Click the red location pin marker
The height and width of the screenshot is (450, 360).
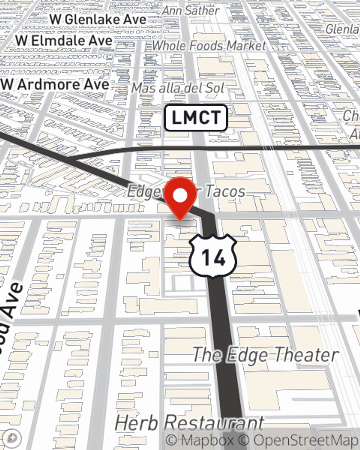tap(180, 198)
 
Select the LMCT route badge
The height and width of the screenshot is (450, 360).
tap(196, 118)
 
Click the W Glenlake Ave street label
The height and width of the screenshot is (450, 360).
tap(98, 19)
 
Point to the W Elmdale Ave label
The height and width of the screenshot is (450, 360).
tap(64, 41)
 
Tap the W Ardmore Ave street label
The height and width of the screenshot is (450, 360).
tap(55, 85)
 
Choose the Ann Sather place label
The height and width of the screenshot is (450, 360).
tap(190, 10)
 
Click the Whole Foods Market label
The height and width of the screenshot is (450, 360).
tap(209, 46)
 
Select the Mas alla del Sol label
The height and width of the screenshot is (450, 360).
tap(178, 88)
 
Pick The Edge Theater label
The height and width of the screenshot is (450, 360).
tap(266, 355)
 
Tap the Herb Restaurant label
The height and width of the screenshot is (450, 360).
tap(189, 423)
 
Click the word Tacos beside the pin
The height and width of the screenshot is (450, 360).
tap(225, 191)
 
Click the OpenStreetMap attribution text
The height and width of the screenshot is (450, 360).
tap(306, 440)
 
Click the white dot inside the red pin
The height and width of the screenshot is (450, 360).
tap(180, 196)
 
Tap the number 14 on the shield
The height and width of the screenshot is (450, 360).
tap(213, 257)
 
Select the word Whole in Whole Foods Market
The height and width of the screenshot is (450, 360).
tap(169, 46)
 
